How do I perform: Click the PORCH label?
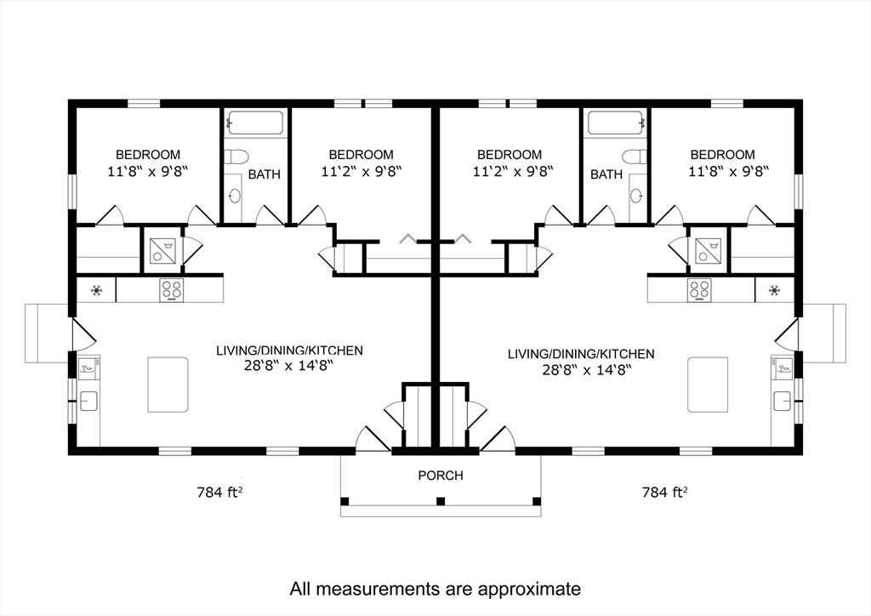point(441,476)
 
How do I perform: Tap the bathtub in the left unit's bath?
point(256,124)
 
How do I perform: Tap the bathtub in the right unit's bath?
point(614,124)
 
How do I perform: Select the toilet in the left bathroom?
point(237,157)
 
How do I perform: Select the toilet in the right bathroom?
point(633,157)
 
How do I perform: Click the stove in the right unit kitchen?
point(699,290)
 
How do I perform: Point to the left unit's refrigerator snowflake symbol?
point(97,290)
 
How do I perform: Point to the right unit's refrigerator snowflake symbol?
point(774,290)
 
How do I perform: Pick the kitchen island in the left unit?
point(168,385)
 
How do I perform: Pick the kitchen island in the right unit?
point(708,385)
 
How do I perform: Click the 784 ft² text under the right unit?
point(664,492)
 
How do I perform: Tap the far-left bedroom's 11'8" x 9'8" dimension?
point(148,170)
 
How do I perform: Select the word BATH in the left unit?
point(265,174)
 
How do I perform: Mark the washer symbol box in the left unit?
point(162,251)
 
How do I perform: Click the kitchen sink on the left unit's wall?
point(88,401)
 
